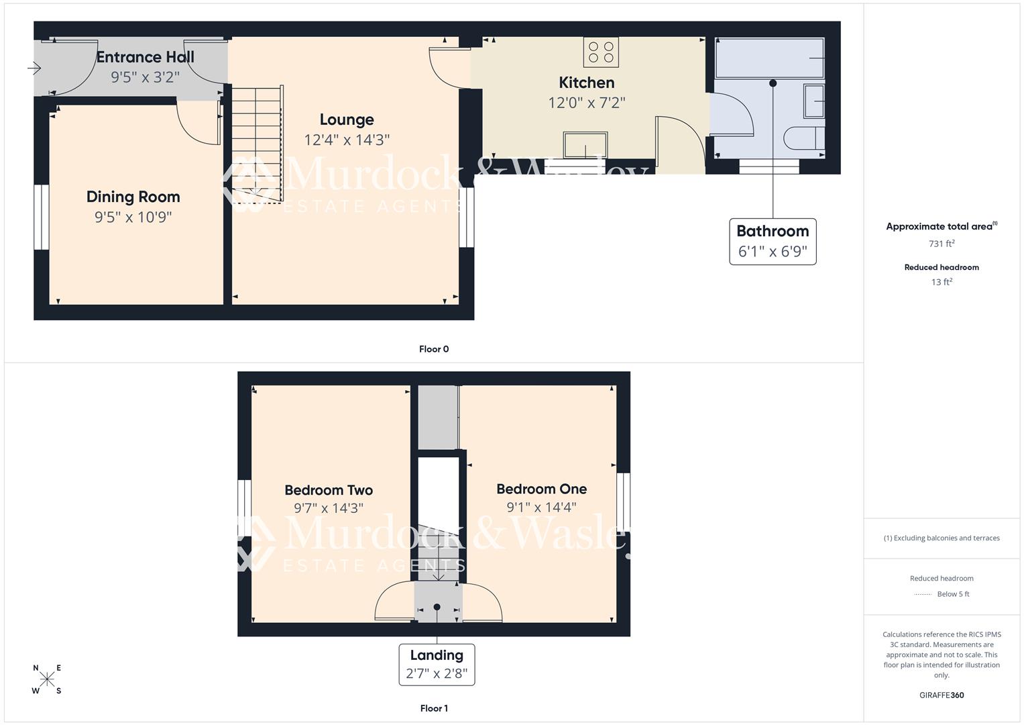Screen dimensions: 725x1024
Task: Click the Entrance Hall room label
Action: (x=145, y=57)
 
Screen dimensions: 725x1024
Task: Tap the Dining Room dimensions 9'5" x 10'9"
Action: (x=133, y=217)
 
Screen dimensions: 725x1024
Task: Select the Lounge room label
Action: (x=346, y=119)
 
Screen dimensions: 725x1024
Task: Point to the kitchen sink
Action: (x=585, y=145)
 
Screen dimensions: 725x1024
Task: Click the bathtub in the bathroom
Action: (x=770, y=58)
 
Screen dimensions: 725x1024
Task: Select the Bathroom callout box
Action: (x=773, y=242)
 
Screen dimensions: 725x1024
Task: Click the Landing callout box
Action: (x=437, y=664)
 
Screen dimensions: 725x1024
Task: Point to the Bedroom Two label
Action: (x=329, y=490)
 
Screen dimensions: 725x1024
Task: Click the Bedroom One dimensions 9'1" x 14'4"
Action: (x=541, y=507)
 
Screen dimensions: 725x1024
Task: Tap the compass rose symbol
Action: (x=47, y=679)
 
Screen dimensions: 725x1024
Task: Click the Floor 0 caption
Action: (x=434, y=349)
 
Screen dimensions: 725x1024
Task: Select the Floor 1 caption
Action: (x=434, y=708)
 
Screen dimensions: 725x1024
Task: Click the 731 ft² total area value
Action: (x=942, y=244)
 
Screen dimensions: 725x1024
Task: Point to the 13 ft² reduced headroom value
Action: (x=942, y=282)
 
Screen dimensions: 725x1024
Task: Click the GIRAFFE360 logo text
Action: (x=942, y=695)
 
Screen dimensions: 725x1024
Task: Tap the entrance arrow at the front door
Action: (x=34, y=68)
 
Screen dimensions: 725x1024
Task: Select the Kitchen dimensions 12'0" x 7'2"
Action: (x=586, y=103)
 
